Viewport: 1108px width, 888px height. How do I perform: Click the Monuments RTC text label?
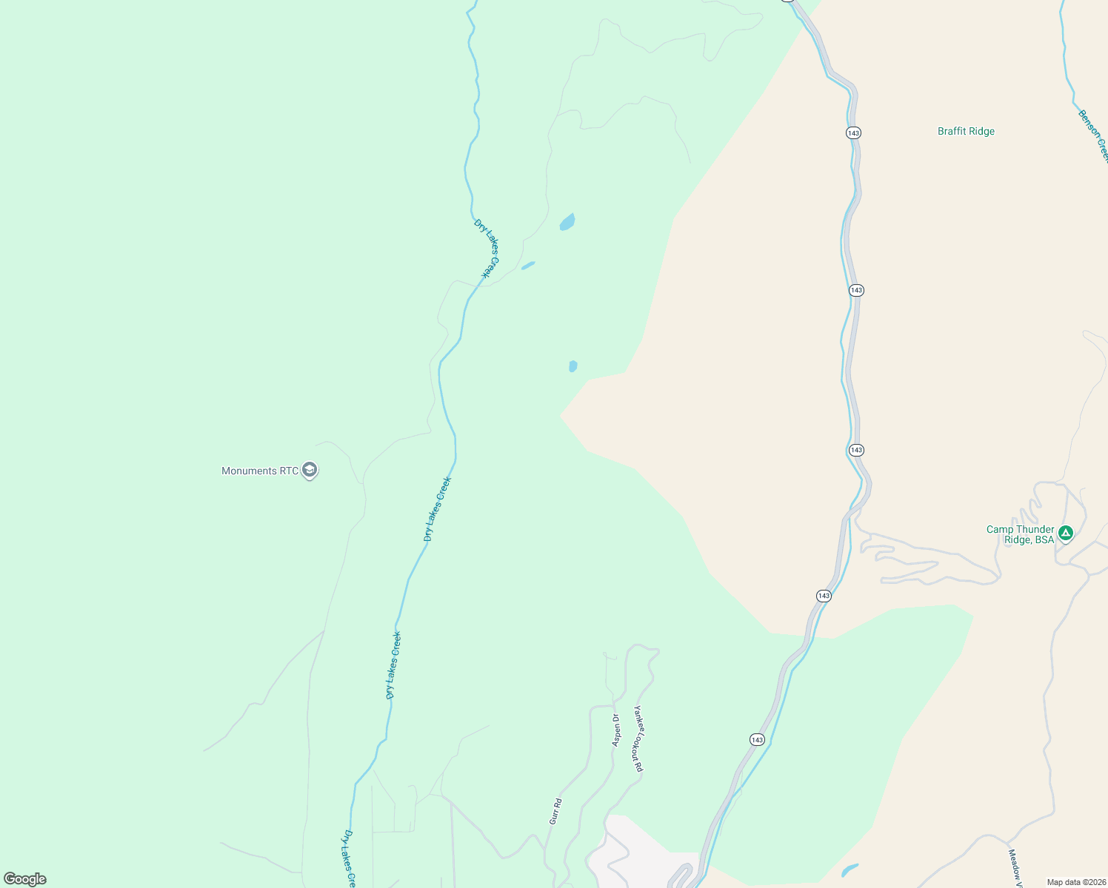pyautogui.click(x=260, y=471)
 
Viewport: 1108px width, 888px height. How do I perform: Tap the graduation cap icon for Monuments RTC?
pyautogui.click(x=310, y=470)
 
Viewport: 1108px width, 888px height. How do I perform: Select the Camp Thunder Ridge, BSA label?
pyautogui.click(x=1020, y=534)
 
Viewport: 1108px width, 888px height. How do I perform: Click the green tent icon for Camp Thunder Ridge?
pyautogui.click(x=1066, y=533)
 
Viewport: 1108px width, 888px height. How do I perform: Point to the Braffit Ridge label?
pyautogui.click(x=966, y=132)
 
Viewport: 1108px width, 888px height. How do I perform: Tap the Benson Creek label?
pyautogui.click(x=1093, y=135)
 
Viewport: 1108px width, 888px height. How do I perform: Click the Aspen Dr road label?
pyautogui.click(x=616, y=730)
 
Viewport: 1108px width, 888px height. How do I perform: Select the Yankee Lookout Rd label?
pyautogui.click(x=638, y=739)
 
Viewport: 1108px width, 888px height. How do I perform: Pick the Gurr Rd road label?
pyautogui.click(x=555, y=811)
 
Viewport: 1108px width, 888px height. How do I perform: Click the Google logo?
pyautogui.click(x=24, y=879)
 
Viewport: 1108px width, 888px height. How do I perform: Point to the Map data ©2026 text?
pyautogui.click(x=1075, y=882)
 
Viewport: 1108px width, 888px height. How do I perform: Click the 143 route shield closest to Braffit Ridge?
pyautogui.click(x=853, y=133)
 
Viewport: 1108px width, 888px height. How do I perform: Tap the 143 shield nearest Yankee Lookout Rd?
pyautogui.click(x=756, y=740)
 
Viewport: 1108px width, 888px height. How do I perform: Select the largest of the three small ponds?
pyautogui.click(x=567, y=222)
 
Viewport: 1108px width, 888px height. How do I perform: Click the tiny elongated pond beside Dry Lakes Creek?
pyautogui.click(x=528, y=265)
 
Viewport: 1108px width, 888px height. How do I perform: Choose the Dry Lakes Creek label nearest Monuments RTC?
pyautogui.click(x=437, y=509)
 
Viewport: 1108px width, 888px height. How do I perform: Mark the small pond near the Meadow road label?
pyautogui.click(x=850, y=869)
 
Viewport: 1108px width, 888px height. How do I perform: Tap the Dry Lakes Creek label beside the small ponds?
pyautogui.click(x=487, y=248)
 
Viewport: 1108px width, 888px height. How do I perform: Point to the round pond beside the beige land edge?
pyautogui.click(x=573, y=366)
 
